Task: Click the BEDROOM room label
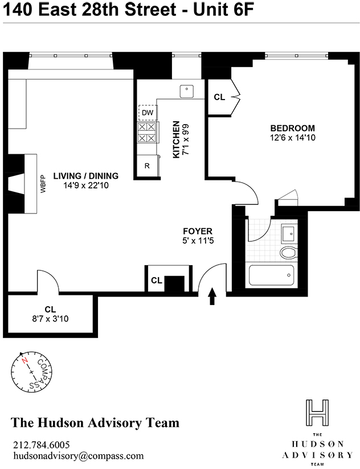(292, 128)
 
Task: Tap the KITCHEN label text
(177, 139)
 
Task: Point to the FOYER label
(198, 231)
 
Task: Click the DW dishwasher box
(148, 113)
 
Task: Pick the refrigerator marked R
(147, 166)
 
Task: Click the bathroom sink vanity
(288, 232)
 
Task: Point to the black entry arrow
(214, 297)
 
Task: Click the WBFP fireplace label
(42, 184)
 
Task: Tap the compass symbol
(32, 373)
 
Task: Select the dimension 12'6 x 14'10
(292, 138)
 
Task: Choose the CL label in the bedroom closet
(219, 97)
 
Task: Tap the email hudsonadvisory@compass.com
(78, 456)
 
